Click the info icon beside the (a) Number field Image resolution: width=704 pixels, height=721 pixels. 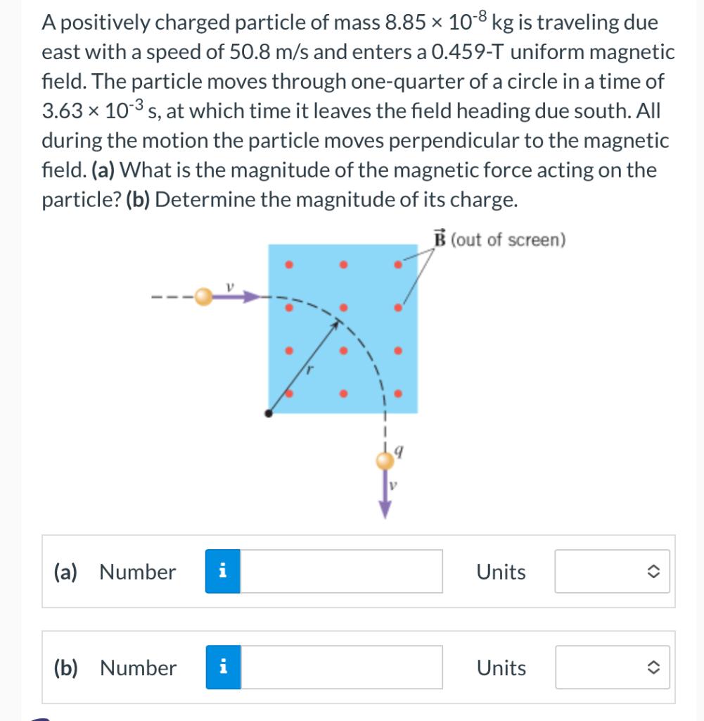click(222, 572)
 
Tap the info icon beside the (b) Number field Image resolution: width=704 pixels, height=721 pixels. click(222, 667)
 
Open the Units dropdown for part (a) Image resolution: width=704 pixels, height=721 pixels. click(612, 572)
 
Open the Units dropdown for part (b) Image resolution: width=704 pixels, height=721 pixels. click(612, 667)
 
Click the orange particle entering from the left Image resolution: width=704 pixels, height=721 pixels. click(203, 297)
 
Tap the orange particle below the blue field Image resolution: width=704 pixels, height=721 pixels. click(385, 461)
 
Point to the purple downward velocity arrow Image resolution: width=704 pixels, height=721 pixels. click(385, 496)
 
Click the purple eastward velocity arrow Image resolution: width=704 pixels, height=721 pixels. click(236, 297)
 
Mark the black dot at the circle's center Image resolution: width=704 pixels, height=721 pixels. click(268, 413)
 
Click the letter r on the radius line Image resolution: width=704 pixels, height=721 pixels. click(307, 368)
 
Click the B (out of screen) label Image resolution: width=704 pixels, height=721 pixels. click(499, 239)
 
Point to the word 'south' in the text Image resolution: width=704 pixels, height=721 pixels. click(601, 111)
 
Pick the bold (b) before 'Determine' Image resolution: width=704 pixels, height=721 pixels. click(139, 200)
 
